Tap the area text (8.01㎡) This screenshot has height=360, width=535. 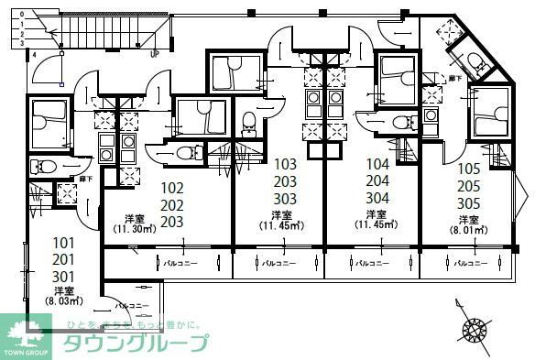click(x=469, y=232)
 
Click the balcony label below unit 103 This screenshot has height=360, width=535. click(x=278, y=263)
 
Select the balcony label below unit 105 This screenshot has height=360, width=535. click(x=468, y=263)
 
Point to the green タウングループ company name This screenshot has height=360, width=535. click(x=136, y=344)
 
